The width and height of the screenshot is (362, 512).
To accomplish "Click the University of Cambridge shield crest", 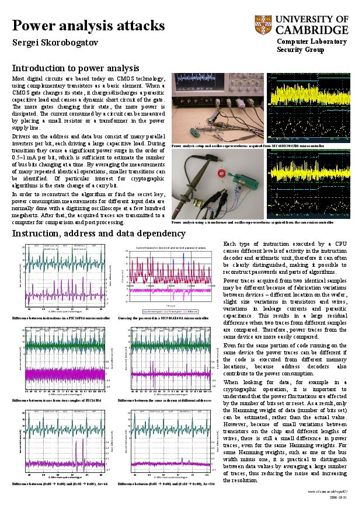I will click(263, 25).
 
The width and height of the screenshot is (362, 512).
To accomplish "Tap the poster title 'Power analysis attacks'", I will click(88, 26).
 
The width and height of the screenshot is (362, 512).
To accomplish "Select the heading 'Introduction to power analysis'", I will click(75, 68).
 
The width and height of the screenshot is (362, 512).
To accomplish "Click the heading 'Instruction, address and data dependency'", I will click(99, 234).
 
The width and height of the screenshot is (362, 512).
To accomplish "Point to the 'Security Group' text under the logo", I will click(300, 50).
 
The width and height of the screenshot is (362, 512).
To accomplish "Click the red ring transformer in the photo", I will click(222, 173).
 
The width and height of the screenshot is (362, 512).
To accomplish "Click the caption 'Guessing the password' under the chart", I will click(163, 318).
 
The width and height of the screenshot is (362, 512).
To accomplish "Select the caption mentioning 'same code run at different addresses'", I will click(164, 401).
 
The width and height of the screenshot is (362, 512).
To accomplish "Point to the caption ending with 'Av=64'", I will click(60, 484).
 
